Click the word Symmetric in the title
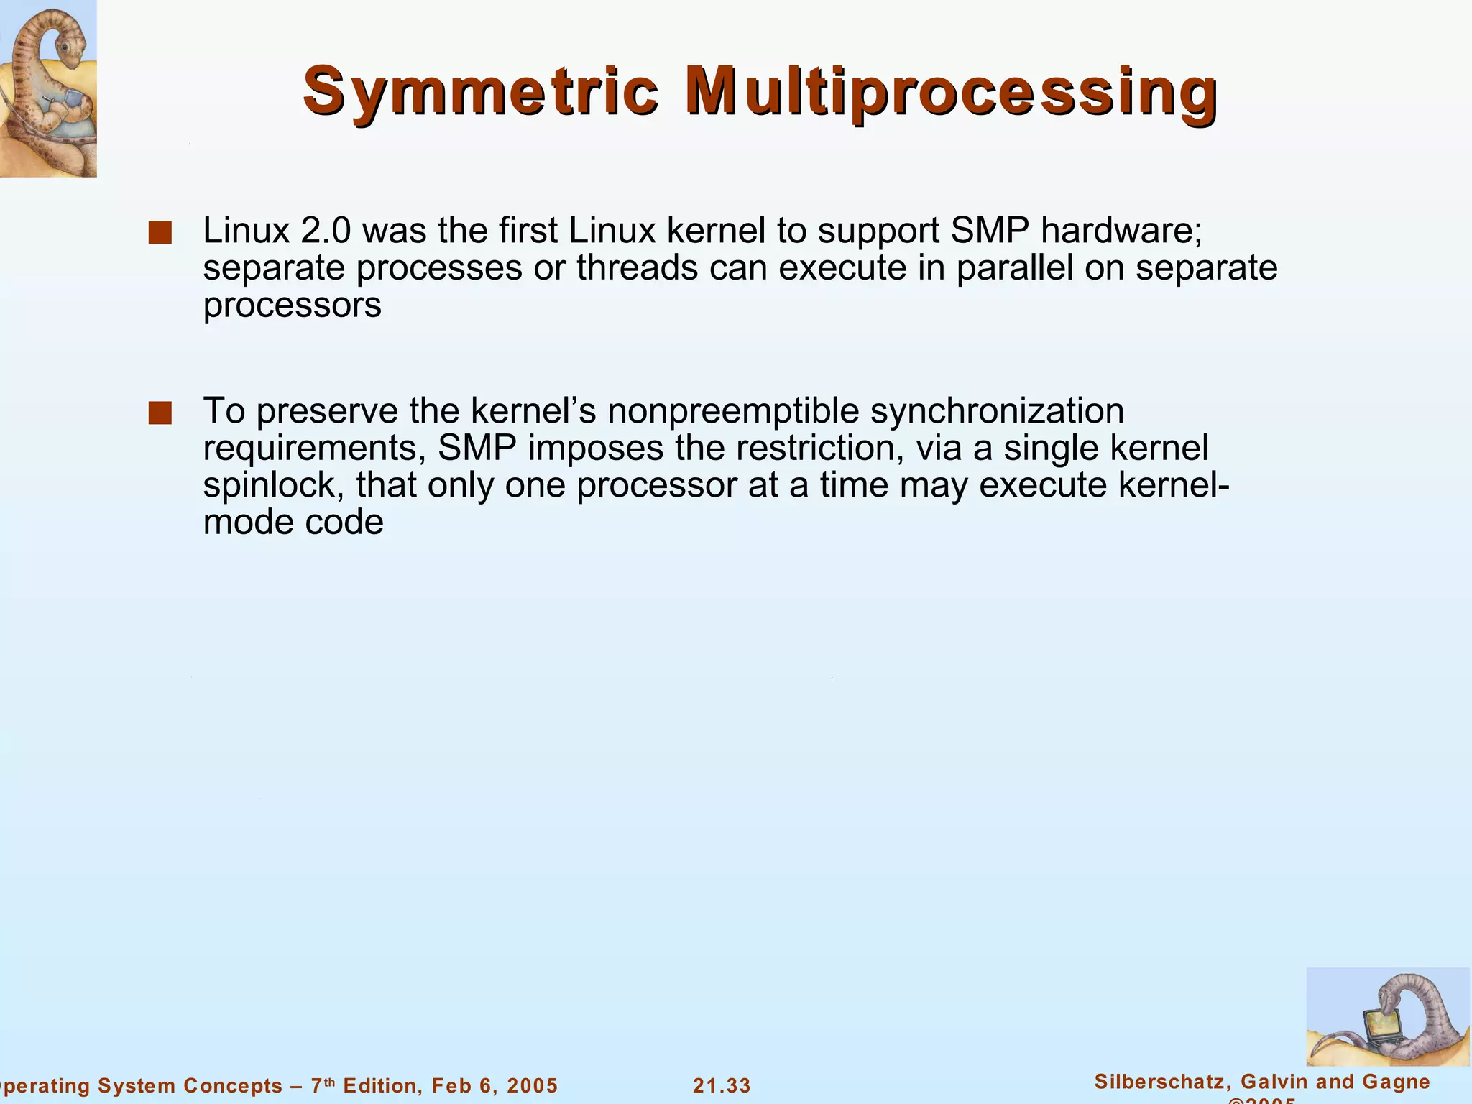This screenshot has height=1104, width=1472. point(480,92)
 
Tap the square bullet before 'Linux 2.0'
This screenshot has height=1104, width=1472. point(160,233)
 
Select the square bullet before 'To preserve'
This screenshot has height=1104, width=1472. point(160,413)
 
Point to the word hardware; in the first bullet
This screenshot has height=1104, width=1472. point(1122,231)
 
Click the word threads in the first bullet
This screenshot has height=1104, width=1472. point(638,268)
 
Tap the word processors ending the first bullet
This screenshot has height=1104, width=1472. point(292,305)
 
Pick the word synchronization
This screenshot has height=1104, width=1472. point(997,411)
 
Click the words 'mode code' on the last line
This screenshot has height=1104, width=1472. point(293,523)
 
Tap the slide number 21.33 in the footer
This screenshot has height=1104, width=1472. point(722,1085)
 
